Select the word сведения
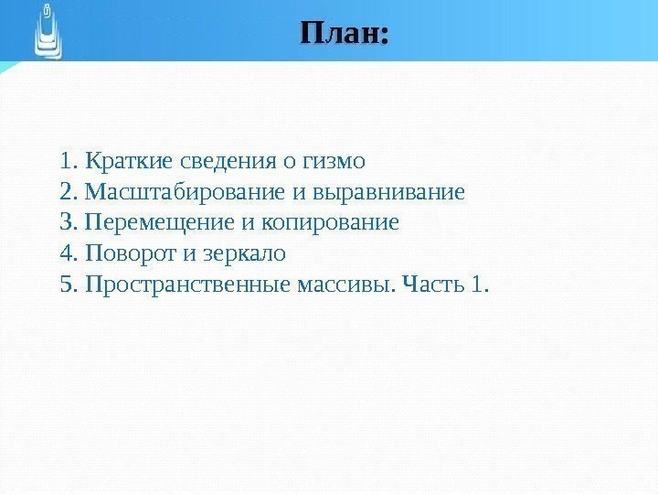point(224,163)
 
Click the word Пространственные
point(187,284)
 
